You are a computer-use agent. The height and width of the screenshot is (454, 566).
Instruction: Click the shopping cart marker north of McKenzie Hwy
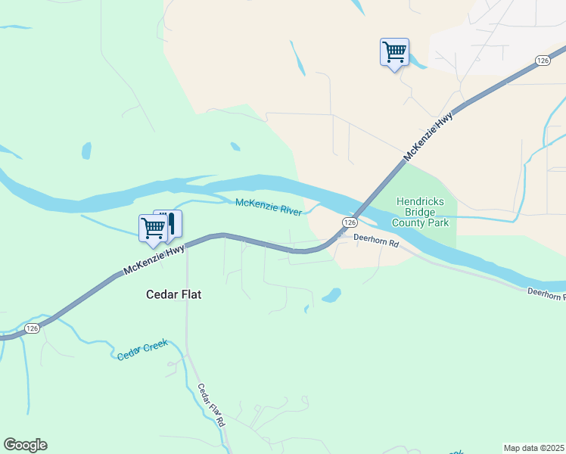(x=394, y=52)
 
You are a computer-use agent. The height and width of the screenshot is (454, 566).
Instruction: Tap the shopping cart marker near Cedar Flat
(x=153, y=228)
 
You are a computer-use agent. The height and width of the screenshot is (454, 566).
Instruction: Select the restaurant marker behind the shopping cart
(x=172, y=222)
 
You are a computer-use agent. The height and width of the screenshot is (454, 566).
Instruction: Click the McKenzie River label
(x=269, y=206)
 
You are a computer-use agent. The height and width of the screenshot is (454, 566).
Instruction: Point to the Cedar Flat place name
(x=174, y=294)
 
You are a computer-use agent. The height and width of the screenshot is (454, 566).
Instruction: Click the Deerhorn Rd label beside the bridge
(x=377, y=242)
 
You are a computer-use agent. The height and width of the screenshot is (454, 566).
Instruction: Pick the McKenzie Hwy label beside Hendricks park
(x=428, y=137)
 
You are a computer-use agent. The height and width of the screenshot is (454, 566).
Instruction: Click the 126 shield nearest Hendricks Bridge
(x=349, y=222)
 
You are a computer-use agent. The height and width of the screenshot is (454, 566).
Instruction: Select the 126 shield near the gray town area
(x=542, y=60)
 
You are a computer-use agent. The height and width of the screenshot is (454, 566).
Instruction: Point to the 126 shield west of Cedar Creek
(x=31, y=328)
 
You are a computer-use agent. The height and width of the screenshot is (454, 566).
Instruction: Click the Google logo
(x=25, y=445)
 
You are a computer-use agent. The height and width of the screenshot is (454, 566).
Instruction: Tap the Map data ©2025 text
(x=533, y=448)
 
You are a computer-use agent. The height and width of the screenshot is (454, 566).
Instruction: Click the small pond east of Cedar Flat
(x=331, y=294)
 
